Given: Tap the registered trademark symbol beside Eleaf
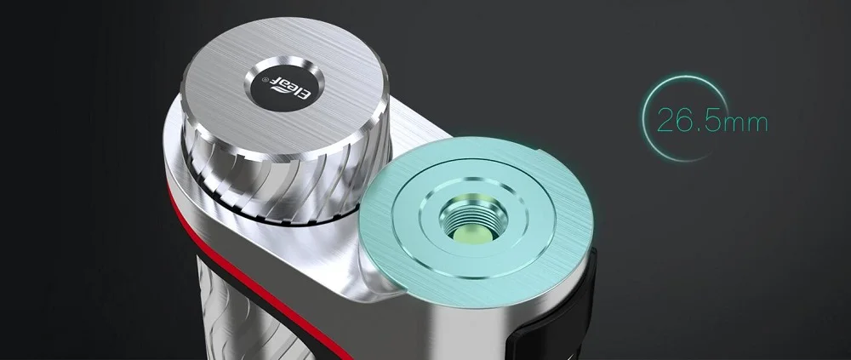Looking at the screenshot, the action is [266, 80].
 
